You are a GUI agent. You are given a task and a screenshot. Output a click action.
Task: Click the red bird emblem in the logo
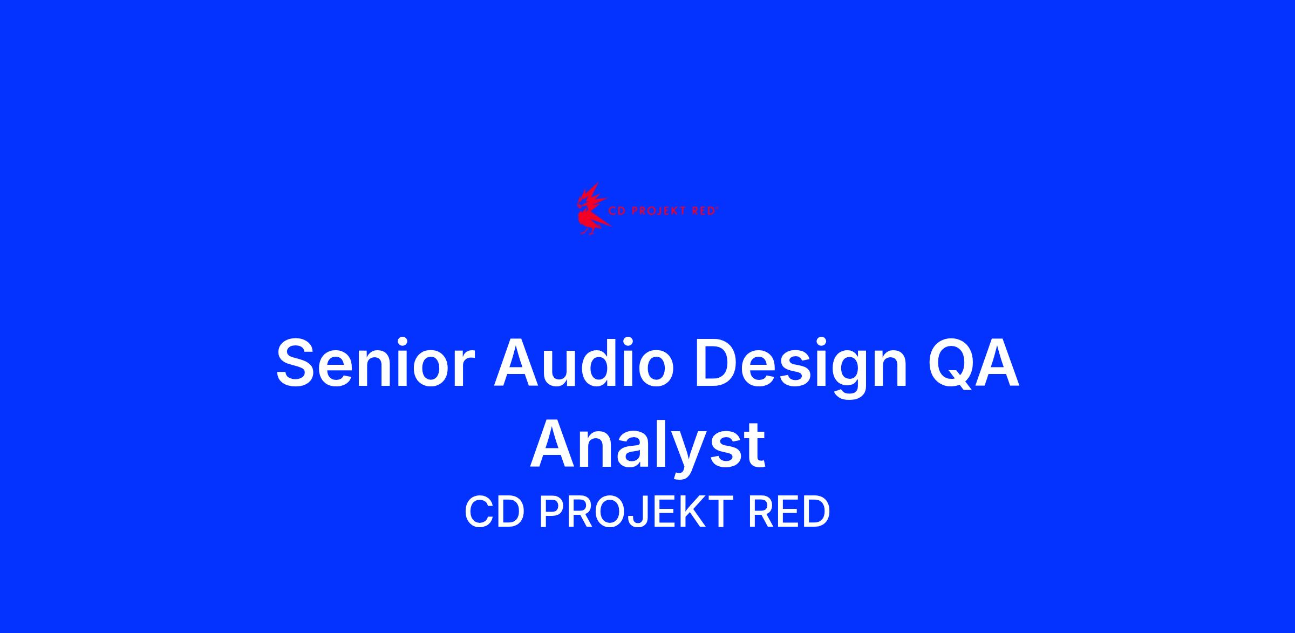(x=593, y=209)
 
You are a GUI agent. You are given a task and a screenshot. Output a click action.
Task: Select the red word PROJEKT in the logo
(x=660, y=211)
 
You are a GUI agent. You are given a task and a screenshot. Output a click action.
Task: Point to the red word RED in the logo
(x=704, y=211)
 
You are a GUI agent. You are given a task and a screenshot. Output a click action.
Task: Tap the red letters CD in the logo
(x=617, y=211)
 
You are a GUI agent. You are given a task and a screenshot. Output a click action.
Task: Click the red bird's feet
(x=589, y=230)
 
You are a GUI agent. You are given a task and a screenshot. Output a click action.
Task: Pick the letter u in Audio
(x=558, y=369)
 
